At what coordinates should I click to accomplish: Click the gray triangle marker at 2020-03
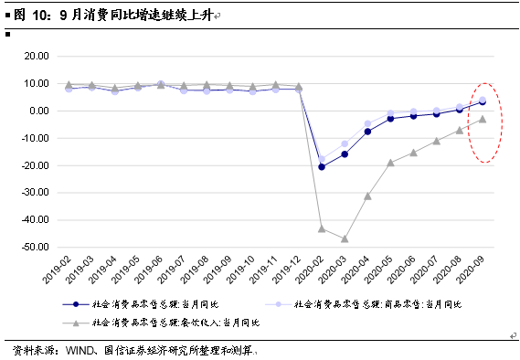point(345,238)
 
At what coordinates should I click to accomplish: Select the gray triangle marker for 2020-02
point(322,228)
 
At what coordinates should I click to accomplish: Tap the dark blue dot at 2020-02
point(322,167)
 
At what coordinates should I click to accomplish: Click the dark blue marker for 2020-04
point(367,132)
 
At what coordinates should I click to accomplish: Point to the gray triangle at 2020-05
point(390,163)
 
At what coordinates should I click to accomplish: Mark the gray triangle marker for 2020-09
point(483,119)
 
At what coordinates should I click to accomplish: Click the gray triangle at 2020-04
point(367,196)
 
